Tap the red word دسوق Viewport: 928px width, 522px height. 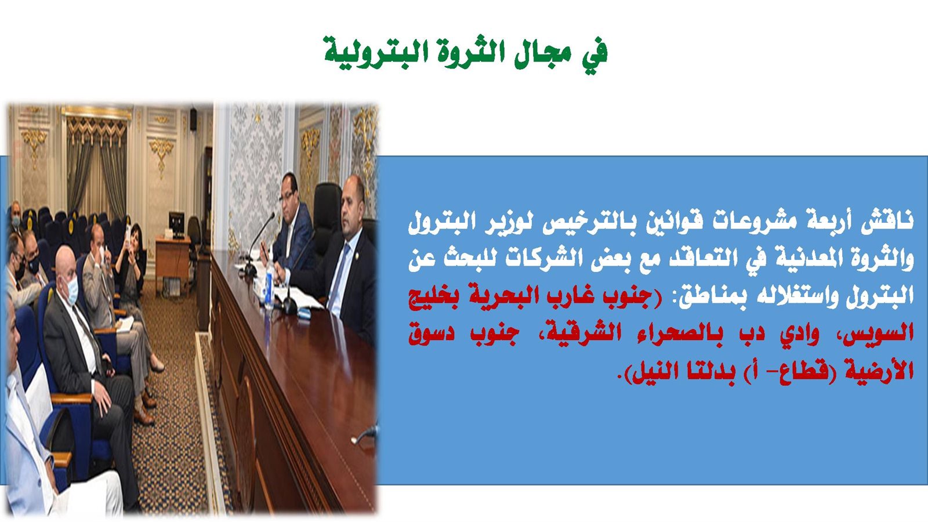tap(431, 333)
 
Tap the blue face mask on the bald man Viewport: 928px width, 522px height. tap(72, 291)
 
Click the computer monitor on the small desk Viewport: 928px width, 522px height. tap(176, 224)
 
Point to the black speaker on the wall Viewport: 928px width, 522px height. tap(193, 119)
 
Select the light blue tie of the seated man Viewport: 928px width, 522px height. tap(338, 278)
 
